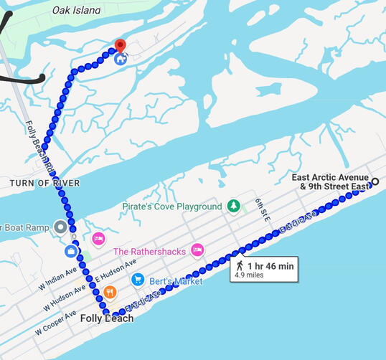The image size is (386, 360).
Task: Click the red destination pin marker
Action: click(121, 46)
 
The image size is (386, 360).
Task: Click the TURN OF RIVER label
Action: click(44, 183)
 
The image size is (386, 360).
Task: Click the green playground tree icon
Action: click(233, 207)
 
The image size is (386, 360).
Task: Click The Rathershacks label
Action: click(149, 251)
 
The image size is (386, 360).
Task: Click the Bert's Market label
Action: click(176, 280)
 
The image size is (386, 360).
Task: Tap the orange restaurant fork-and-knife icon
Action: click(110, 292)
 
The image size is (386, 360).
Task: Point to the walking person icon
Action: click(239, 265)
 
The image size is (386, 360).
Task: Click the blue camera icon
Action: click(71, 251)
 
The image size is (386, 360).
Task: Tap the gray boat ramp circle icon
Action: click(61, 228)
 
